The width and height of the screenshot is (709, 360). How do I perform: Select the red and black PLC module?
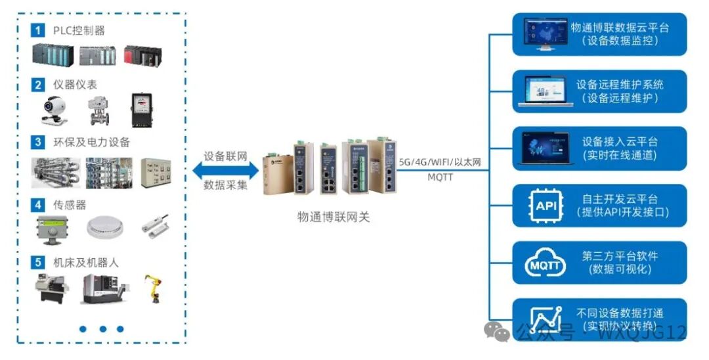[x=142, y=55]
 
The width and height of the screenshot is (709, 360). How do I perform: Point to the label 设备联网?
[x=225, y=156]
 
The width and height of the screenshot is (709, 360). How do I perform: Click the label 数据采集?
[x=225, y=185]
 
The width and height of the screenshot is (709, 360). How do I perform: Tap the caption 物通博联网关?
[x=333, y=216]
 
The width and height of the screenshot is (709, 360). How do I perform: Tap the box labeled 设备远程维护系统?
[x=599, y=91]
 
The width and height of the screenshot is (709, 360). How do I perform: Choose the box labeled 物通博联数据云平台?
[x=599, y=34]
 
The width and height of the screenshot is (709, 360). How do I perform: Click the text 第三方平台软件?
[x=620, y=256]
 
